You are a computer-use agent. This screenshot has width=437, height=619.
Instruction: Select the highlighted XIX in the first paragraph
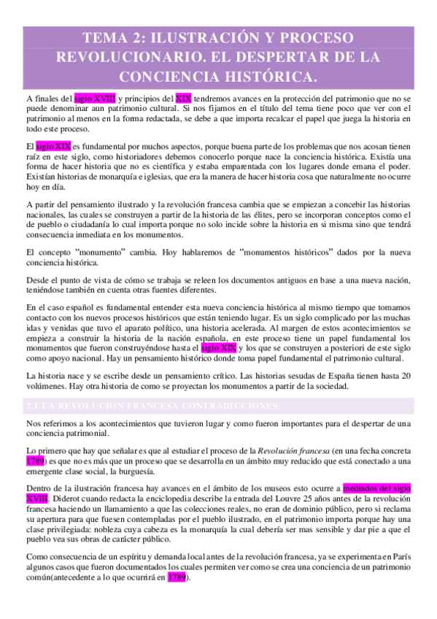click(184, 99)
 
